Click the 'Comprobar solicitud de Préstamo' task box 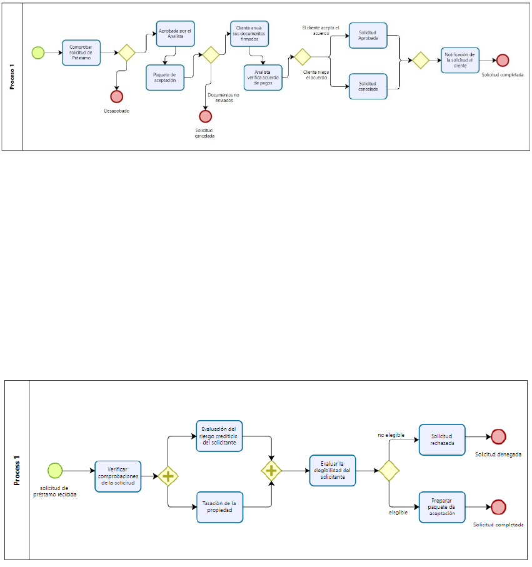81,53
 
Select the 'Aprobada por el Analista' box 176,34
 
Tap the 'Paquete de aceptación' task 165,78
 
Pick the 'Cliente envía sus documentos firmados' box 249,34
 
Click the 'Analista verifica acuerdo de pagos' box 263,78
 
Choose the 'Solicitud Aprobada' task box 368,36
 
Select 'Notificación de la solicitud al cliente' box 460,61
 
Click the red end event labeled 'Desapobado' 116,96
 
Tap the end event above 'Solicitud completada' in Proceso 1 503,61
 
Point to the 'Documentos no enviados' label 224,98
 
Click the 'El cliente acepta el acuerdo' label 321,31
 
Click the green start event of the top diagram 38,53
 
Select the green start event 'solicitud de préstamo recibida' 55,471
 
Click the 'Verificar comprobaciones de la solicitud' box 118,476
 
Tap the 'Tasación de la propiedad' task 219,507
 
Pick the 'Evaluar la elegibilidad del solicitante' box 333,471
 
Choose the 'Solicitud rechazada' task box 442,439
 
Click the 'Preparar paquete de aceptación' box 442,507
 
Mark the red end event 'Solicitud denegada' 498,437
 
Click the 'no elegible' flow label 391,435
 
